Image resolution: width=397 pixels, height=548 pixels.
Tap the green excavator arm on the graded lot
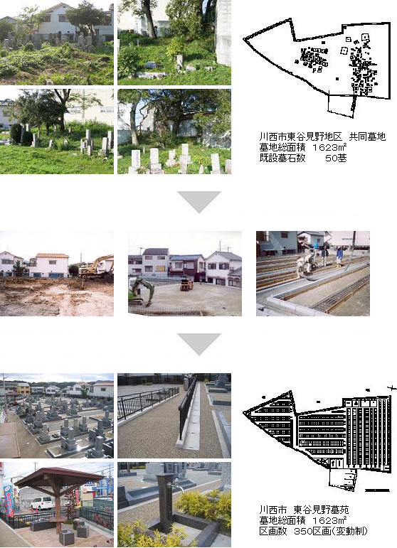coord(142,289)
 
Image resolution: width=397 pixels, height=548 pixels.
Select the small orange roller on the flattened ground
coord(187,284)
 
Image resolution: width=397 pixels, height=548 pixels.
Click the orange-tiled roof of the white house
coord(52,255)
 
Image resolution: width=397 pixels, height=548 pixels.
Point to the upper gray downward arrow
coord(199,202)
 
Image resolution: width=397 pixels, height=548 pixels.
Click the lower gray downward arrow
coord(199,344)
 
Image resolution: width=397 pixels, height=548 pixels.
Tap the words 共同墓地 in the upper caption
coord(367,136)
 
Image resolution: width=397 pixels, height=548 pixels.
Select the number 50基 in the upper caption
coord(336,159)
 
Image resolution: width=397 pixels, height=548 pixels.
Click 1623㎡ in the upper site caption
coord(329,148)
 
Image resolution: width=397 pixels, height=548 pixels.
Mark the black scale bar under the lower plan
coord(377,490)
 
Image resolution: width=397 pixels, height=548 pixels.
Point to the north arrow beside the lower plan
coord(393,387)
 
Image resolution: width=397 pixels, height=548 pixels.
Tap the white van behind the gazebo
coord(42,503)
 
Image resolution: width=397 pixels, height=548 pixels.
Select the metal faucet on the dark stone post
coord(176,485)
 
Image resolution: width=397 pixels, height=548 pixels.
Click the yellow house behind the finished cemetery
coord(23,388)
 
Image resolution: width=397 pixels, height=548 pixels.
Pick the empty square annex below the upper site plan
coord(341,105)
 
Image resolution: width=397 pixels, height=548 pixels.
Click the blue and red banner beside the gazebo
coord(9,500)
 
